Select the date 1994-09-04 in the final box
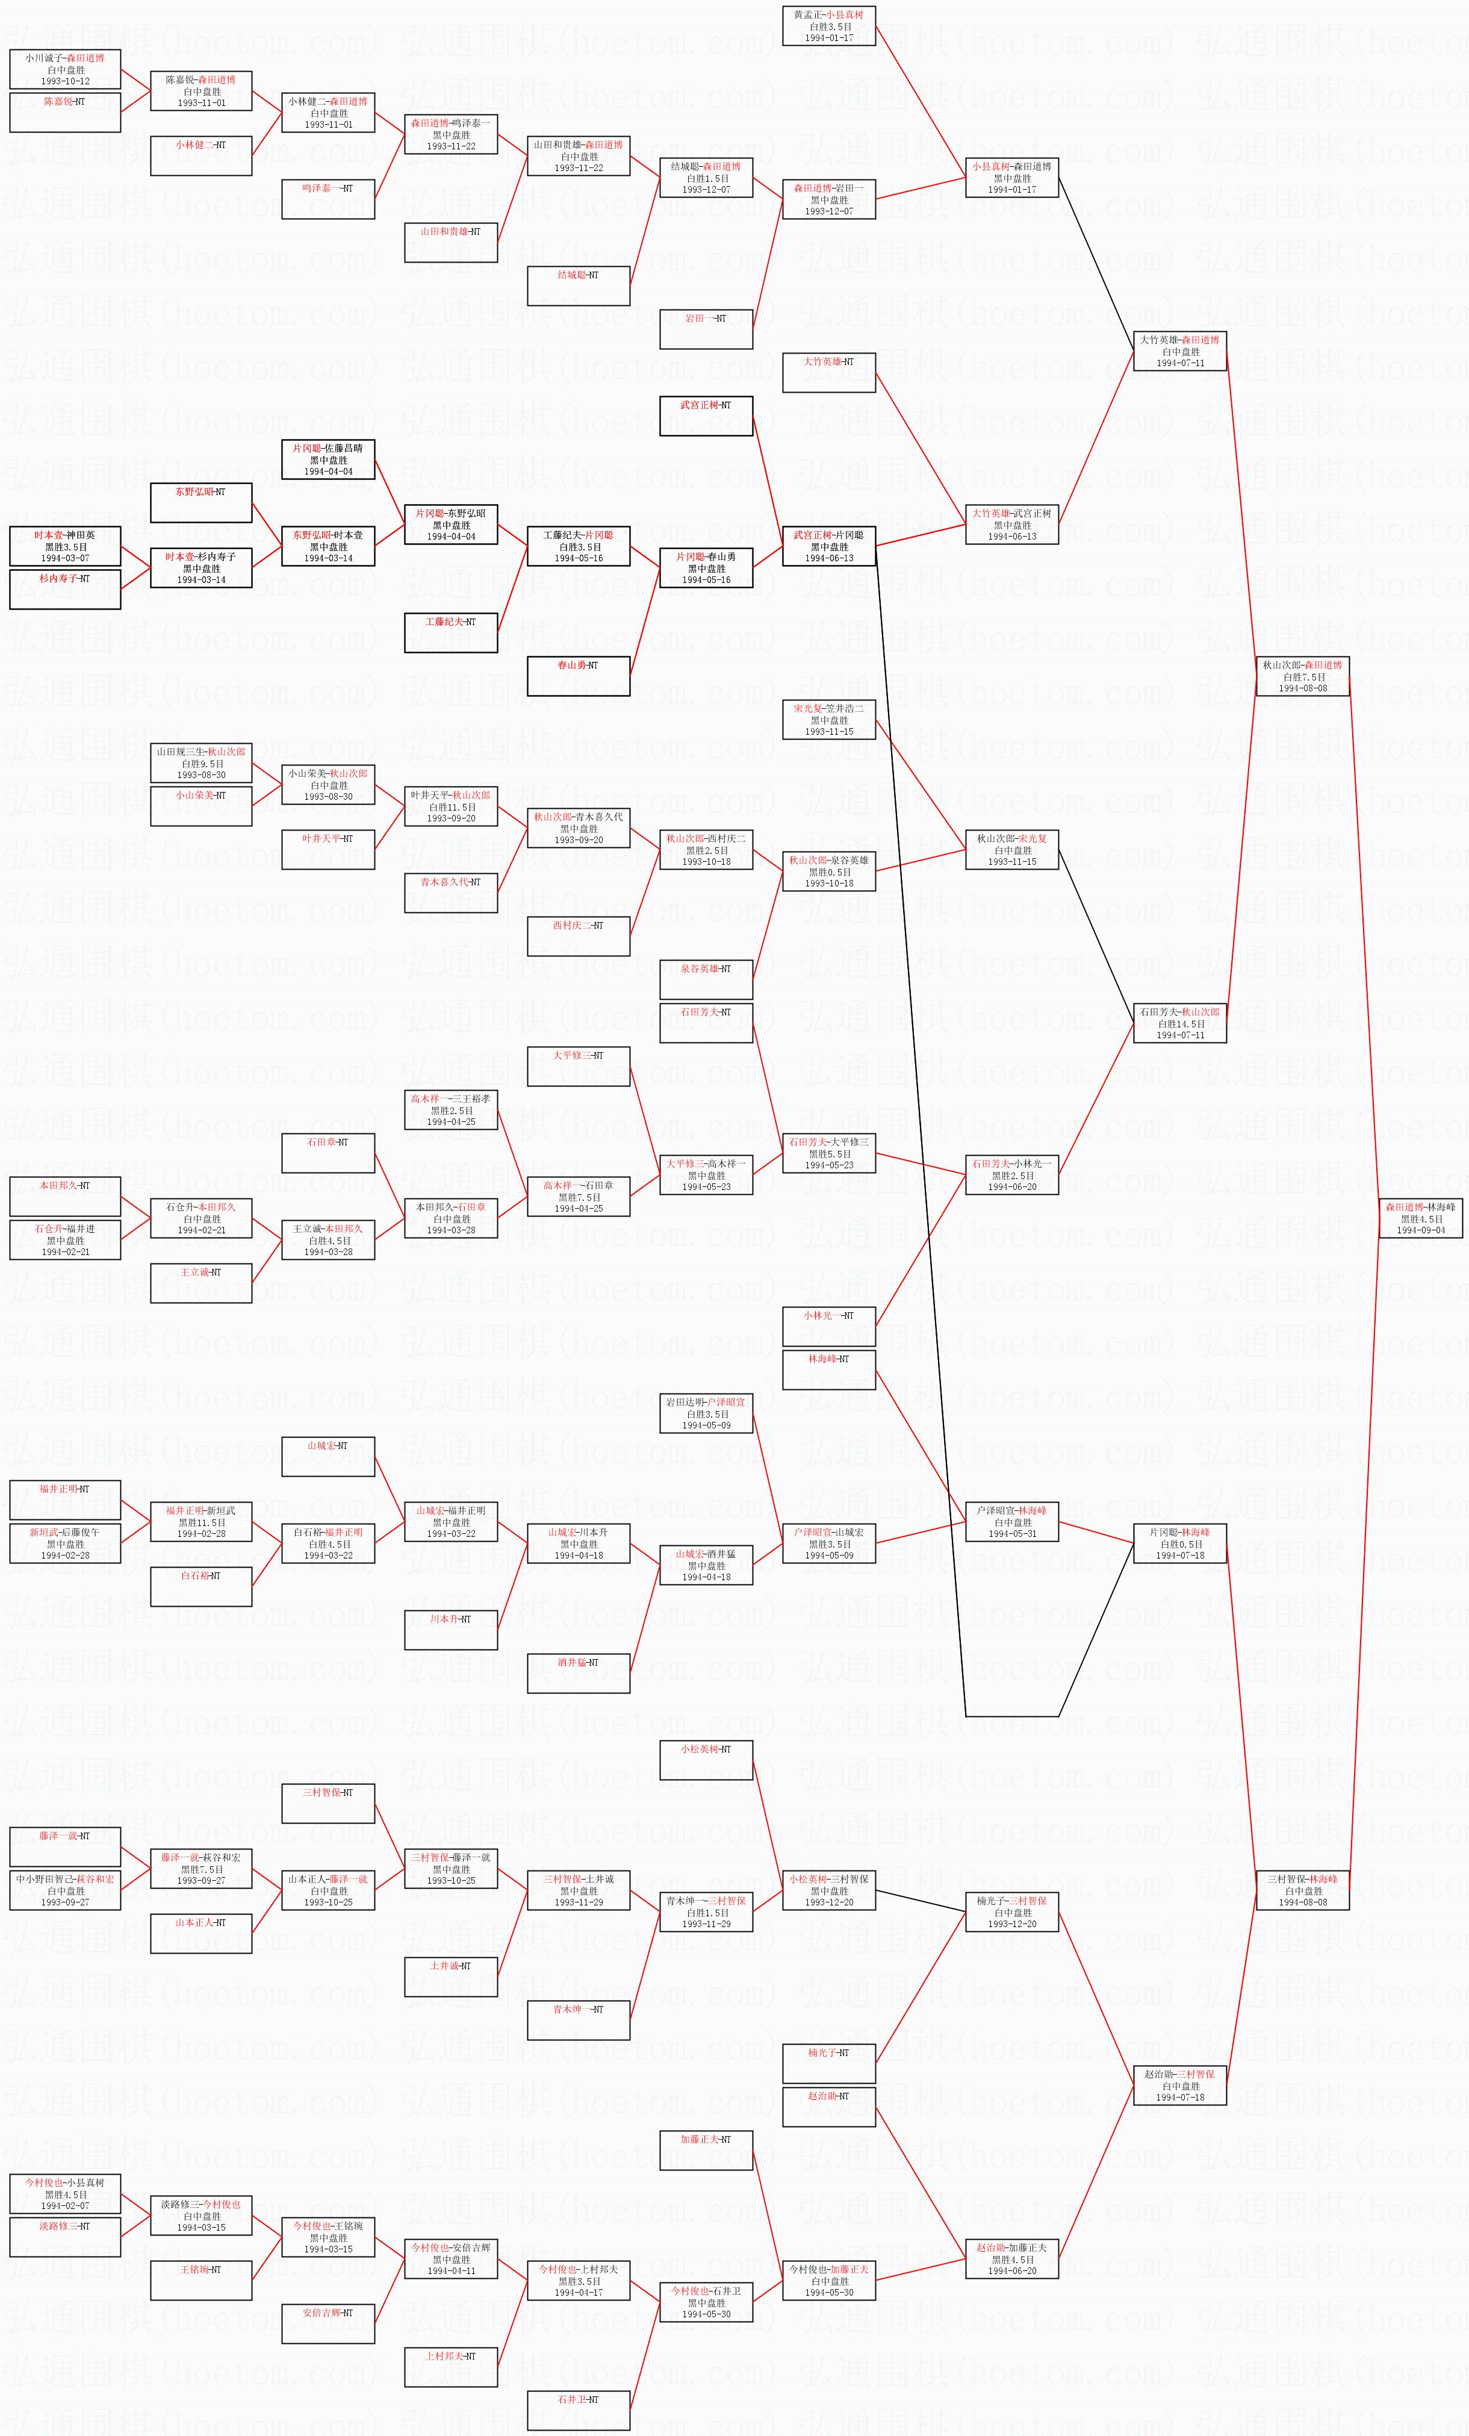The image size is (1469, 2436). click(x=1421, y=1231)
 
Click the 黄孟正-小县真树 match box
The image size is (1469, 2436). click(x=828, y=26)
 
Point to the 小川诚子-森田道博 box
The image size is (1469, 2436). click(x=65, y=69)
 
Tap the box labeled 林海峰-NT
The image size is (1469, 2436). click(x=828, y=1369)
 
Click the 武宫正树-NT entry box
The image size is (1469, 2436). click(x=706, y=416)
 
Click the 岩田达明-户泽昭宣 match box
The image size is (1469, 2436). click(x=706, y=1413)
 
